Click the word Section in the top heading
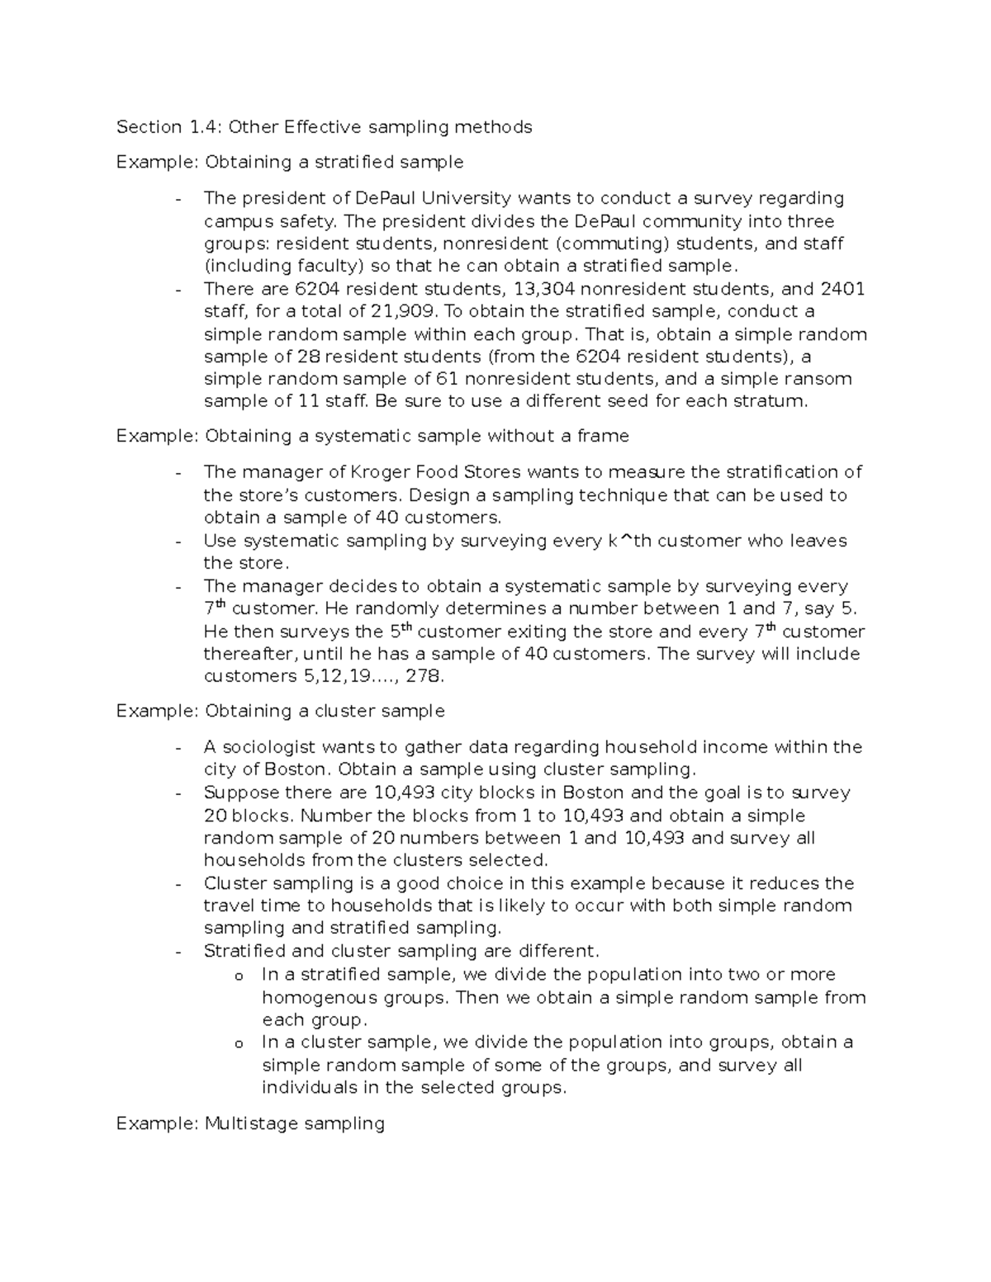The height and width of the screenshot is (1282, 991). coord(149,126)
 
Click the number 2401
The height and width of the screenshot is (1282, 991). coord(842,289)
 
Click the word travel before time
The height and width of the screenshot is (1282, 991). coord(228,906)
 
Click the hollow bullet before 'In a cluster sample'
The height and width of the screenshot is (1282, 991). coord(239,1044)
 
